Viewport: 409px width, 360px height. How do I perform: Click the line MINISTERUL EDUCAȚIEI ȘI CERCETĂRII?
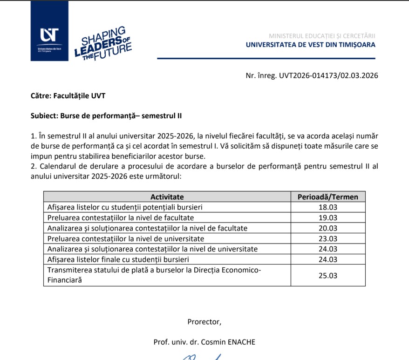[321, 36]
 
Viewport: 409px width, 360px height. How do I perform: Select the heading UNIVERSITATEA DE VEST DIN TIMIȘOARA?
[310, 45]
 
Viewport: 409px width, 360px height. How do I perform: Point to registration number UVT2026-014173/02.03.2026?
[312, 75]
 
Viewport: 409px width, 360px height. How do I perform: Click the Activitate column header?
[167, 197]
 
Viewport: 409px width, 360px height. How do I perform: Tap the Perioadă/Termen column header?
[327, 197]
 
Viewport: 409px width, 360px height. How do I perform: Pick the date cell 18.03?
[327, 207]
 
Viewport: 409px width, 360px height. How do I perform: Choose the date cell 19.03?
[327, 217]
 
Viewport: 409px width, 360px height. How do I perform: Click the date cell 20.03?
[327, 228]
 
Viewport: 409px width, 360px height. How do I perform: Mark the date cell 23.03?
[327, 238]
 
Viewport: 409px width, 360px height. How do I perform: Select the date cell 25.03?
[327, 275]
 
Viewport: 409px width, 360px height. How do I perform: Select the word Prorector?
[204, 321]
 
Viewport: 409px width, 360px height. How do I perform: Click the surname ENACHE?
[241, 342]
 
